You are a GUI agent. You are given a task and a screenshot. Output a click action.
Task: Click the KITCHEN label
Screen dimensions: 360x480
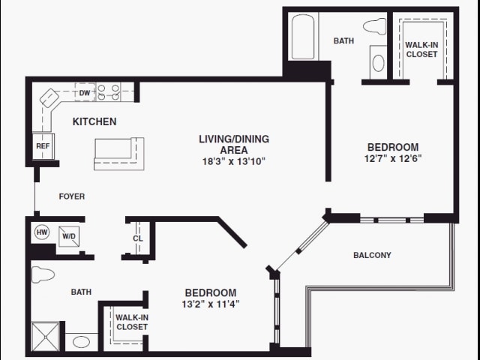pos(94,121)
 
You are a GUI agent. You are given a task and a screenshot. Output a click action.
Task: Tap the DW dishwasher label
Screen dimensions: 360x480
pos(85,93)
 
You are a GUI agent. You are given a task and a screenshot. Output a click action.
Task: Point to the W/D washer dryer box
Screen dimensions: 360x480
pos(69,236)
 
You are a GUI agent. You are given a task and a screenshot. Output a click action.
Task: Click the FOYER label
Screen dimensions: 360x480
pos(72,196)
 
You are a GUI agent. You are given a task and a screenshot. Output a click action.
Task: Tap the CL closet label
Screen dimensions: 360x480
pos(138,238)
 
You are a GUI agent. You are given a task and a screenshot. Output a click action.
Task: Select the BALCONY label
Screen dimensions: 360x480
pos(372,255)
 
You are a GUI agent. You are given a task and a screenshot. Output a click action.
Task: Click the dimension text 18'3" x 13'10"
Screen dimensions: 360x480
pos(234,161)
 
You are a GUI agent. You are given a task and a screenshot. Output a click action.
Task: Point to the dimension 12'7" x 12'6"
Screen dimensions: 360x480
pos(392,158)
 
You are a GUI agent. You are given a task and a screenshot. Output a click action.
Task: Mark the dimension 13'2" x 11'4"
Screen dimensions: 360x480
pos(211,304)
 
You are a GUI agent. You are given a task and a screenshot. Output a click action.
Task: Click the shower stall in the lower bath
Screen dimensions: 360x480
pos(44,334)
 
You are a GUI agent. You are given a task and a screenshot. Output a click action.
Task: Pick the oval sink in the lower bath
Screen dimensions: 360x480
pos(82,342)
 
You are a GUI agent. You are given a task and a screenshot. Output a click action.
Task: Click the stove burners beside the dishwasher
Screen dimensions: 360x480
pos(109,93)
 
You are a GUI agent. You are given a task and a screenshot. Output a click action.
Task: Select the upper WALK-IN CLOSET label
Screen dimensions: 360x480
pos(421,49)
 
